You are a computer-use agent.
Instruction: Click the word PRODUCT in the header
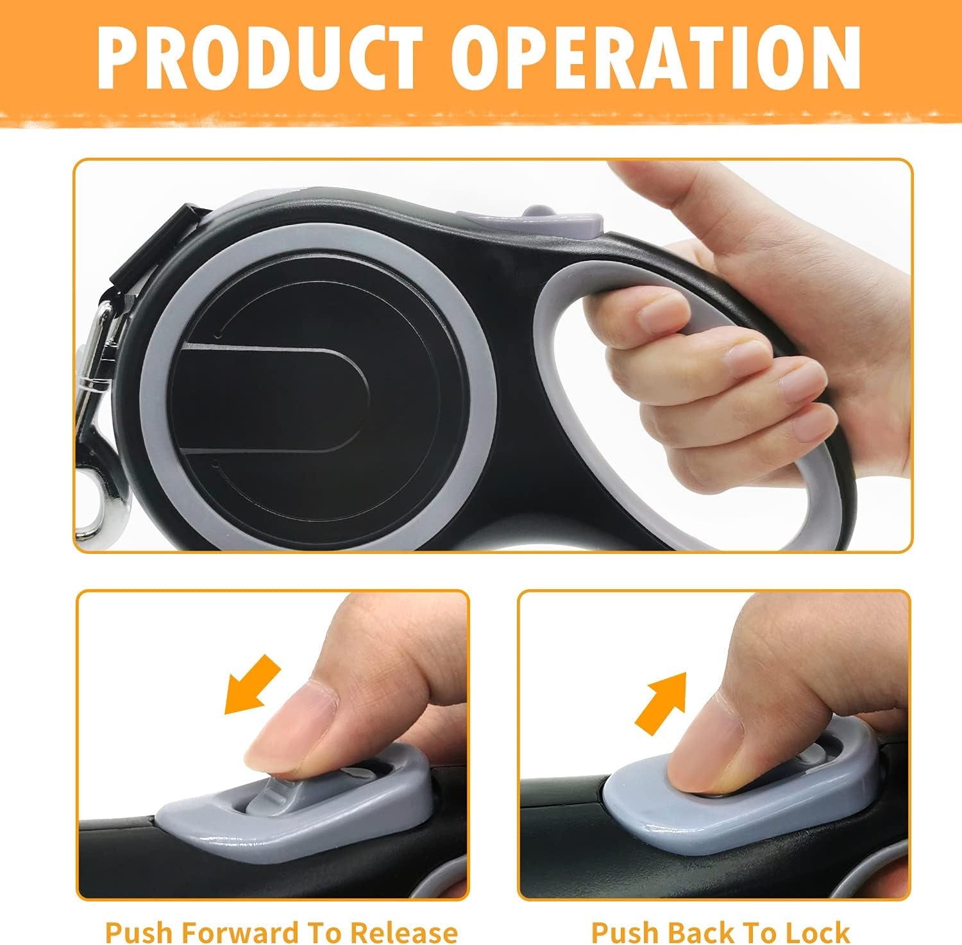260,59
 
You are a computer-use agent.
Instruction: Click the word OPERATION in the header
661,59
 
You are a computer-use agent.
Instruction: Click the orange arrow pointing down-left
252,685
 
